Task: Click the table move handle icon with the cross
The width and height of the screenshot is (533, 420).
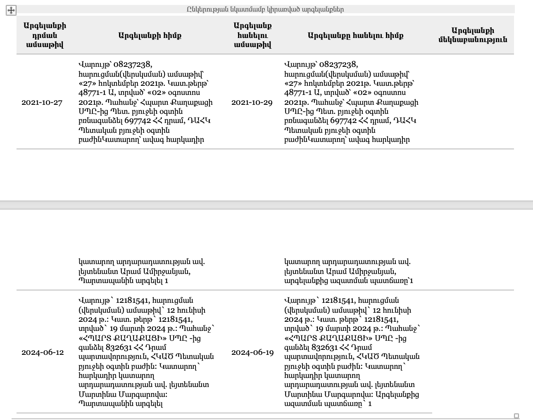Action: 11,10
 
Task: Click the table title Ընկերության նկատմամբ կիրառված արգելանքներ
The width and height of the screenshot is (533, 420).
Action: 265,9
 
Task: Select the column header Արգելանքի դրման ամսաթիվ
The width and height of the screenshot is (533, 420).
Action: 45,35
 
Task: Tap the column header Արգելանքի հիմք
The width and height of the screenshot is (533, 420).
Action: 150,35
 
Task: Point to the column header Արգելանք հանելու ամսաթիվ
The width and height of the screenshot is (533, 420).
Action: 252,35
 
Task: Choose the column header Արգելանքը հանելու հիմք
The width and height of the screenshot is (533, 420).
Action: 355,35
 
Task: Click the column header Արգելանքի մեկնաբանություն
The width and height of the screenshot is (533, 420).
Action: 472,35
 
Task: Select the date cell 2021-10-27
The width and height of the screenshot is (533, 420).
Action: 42,102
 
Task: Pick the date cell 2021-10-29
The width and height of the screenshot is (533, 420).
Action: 252,102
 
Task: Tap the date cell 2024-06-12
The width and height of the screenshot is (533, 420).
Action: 43,352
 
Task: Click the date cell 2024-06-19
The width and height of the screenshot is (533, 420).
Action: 252,352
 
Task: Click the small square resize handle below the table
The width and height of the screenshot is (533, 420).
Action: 516,416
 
